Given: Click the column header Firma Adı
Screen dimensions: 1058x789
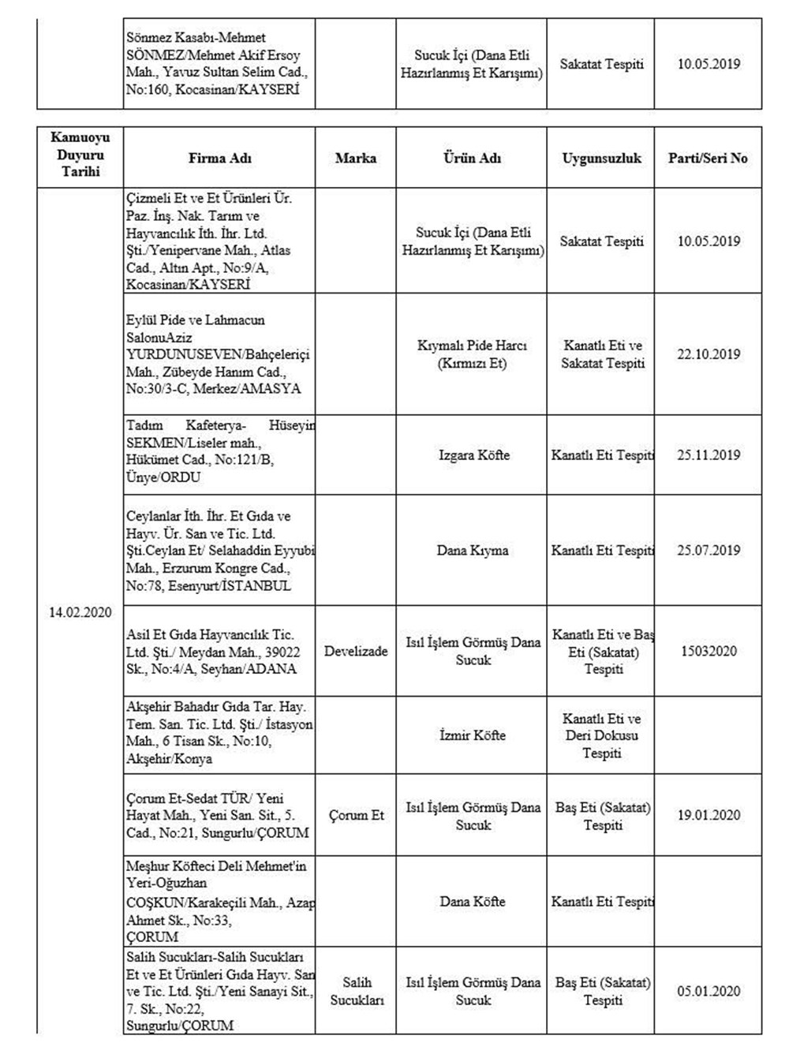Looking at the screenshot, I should tap(219, 158).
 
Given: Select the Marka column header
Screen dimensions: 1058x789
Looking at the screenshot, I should tap(355, 158).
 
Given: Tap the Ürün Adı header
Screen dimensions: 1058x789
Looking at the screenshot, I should tap(472, 158).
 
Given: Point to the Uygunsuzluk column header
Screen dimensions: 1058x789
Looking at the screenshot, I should tap(602, 158).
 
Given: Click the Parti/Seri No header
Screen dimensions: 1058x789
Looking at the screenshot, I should tap(708, 158).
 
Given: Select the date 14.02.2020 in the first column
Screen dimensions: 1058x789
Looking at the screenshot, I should tap(80, 612).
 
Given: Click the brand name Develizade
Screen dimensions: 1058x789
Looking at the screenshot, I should tap(356, 651).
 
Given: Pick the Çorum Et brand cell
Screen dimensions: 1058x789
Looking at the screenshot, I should tap(356, 815).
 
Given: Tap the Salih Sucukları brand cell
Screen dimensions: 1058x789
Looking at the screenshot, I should tap(356, 991).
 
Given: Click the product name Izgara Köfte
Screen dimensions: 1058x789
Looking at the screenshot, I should tap(473, 455).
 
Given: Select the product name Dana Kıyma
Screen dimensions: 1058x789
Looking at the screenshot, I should tap(473, 550).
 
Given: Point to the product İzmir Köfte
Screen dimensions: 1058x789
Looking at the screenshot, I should tap(473, 735).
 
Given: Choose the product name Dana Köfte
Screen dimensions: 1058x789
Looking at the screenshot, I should tap(473, 901).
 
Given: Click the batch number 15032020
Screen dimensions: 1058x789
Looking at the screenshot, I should tap(708, 651).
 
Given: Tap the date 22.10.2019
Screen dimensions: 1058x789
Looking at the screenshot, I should tap(708, 354).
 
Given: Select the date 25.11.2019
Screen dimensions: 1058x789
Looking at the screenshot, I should tap(708, 455).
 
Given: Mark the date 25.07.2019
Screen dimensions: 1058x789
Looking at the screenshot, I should tap(708, 550).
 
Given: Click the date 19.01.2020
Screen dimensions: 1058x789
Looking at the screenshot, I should tap(708, 815).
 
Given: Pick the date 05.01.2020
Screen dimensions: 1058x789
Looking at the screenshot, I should tap(708, 991).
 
